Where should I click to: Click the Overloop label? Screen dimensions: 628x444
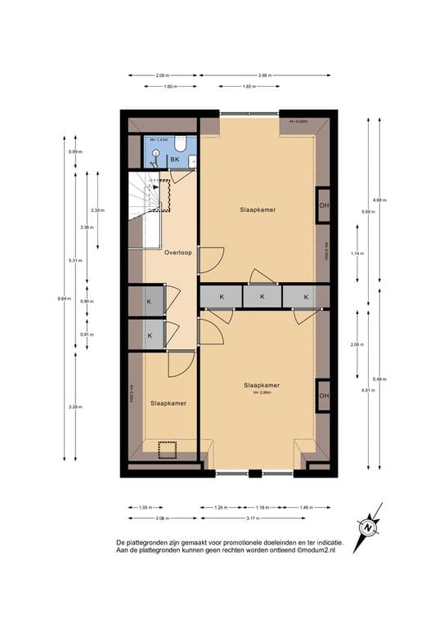177,253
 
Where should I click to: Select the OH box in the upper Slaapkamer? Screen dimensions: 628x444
324,204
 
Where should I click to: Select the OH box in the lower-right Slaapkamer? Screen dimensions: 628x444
324,397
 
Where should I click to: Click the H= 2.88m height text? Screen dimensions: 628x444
262,392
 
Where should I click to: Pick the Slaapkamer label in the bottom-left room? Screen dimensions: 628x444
168,403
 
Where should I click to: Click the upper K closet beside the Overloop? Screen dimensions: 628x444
150,303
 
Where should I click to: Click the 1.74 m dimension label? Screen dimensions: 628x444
356,253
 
